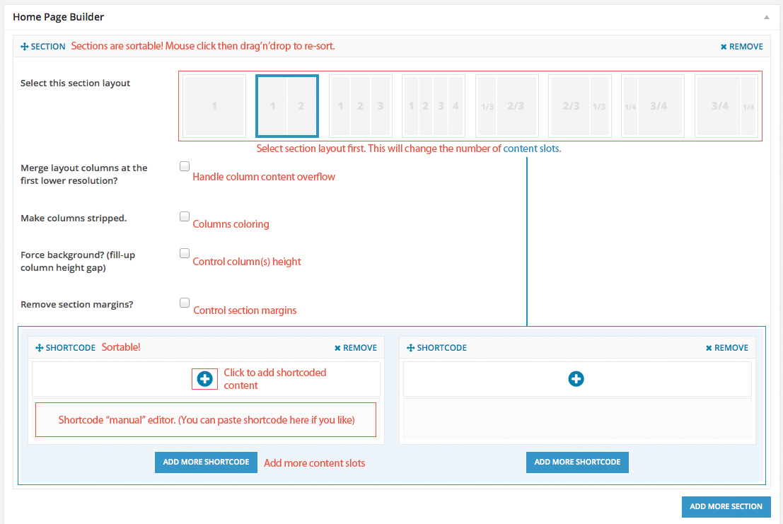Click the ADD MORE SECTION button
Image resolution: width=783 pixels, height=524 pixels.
pyautogui.click(x=726, y=506)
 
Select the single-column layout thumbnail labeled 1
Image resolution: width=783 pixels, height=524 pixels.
pyautogui.click(x=214, y=106)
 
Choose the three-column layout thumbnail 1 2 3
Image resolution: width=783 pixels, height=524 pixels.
pyautogui.click(x=360, y=106)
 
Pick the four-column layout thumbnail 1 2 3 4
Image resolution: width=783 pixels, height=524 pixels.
pyautogui.click(x=434, y=106)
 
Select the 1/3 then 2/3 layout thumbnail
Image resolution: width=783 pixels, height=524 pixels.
pyautogui.click(x=506, y=106)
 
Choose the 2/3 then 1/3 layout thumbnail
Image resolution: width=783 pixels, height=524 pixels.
pyautogui.click(x=580, y=106)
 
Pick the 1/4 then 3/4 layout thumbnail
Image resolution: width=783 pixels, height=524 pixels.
pyautogui.click(x=652, y=106)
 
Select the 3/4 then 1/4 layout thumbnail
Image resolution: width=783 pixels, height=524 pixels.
pyautogui.click(x=726, y=106)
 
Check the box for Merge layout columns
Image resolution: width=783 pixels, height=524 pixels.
pyautogui.click(x=185, y=167)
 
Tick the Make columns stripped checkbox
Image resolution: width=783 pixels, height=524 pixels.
pyautogui.click(x=185, y=216)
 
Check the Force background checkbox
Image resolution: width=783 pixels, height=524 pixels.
pyautogui.click(x=185, y=253)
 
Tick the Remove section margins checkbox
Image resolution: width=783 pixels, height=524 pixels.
pyautogui.click(x=185, y=303)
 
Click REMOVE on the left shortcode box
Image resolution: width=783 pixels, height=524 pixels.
pyautogui.click(x=356, y=348)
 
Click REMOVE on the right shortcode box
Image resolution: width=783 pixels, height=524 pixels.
pyautogui.click(x=727, y=348)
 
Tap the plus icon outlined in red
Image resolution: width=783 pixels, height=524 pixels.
pyautogui.click(x=205, y=379)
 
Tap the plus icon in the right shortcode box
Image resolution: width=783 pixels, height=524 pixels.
pyautogui.click(x=576, y=379)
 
